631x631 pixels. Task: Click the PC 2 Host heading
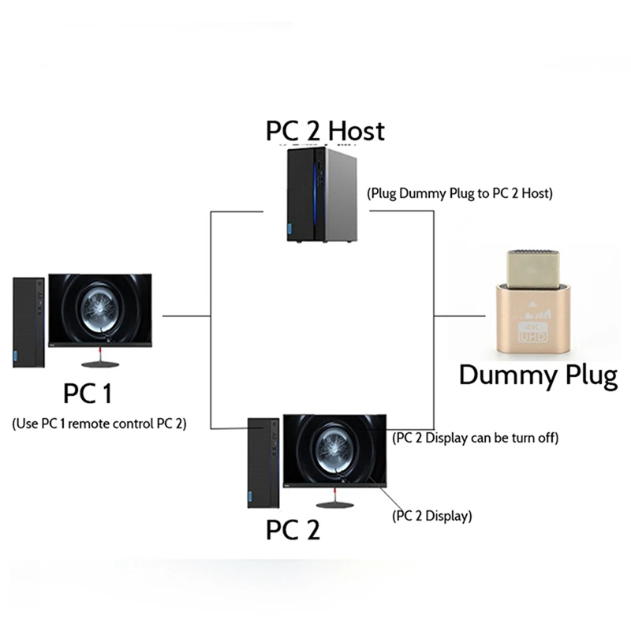click(325, 130)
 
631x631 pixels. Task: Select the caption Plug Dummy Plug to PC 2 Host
click(459, 192)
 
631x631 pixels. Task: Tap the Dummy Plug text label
click(538, 375)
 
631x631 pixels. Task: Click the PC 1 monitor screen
click(100, 308)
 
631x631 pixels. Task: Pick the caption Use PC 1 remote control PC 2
click(99, 423)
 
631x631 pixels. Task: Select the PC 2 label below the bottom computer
click(293, 529)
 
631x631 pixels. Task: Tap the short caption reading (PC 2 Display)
click(431, 517)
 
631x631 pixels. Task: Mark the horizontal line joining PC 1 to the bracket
click(186, 315)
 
